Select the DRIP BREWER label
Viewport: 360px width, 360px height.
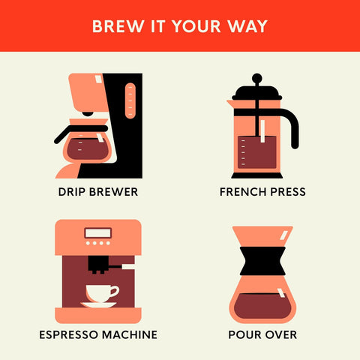98,192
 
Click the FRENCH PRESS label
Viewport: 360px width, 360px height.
262,192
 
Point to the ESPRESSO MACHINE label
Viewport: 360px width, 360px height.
98,334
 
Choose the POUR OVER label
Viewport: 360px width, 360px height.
262,334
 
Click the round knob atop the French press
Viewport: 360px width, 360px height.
257,78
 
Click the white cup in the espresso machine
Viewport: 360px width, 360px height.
102,293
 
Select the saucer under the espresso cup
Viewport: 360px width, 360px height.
98,304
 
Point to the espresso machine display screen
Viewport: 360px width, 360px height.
98,233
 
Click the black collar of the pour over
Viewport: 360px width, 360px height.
262,261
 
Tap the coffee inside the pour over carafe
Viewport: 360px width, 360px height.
262,306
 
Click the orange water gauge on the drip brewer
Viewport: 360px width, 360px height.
130,100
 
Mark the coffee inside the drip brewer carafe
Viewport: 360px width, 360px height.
88,149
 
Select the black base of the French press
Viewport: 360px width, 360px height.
257,175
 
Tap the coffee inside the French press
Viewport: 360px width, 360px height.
257,152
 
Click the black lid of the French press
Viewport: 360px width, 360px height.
257,92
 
